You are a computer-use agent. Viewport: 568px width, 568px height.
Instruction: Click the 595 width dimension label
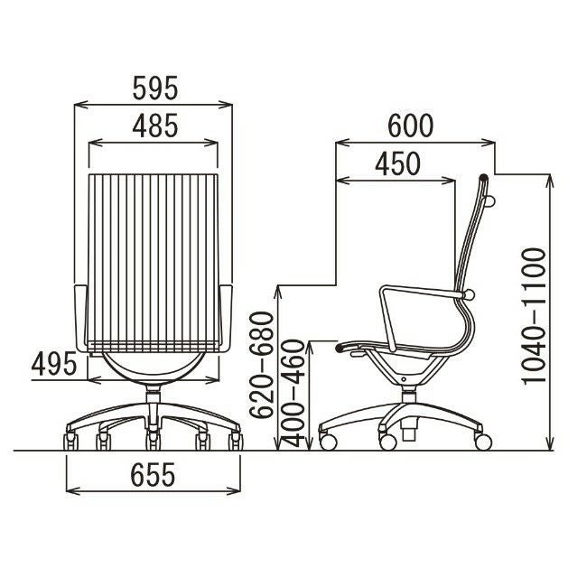point(155,88)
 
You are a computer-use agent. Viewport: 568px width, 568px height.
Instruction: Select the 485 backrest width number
point(155,126)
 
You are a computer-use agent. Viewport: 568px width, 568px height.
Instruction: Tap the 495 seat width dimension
point(54,364)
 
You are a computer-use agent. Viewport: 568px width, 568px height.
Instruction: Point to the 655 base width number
point(153,475)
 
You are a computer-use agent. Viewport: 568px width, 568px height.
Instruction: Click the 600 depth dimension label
point(411,126)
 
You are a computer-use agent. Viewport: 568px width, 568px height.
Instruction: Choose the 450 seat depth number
point(397,163)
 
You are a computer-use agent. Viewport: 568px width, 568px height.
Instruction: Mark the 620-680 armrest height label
point(262,365)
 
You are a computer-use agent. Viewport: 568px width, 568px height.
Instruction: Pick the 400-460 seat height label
point(293,393)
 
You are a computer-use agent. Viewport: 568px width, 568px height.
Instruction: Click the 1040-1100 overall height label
point(533,315)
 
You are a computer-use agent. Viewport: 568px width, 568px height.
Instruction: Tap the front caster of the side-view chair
point(329,442)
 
